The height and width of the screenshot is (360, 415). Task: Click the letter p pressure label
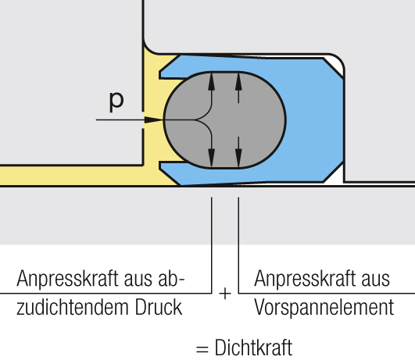coord(116,102)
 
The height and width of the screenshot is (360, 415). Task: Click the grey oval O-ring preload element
coord(225,119)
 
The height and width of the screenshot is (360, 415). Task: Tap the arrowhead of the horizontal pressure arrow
coord(153,119)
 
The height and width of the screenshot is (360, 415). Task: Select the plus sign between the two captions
coord(225,294)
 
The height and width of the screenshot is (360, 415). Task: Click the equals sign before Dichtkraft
coord(202,349)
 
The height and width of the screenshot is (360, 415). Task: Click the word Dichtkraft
coord(253,348)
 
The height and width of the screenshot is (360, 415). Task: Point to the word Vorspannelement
coord(324,308)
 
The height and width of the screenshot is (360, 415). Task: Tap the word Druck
coord(159,307)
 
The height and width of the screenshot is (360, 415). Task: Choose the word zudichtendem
coord(73,307)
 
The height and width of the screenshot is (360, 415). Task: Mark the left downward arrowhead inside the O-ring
coord(211,158)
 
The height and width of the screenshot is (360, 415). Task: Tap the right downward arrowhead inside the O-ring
coord(238,158)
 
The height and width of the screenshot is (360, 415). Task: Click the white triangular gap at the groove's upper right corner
coord(335,65)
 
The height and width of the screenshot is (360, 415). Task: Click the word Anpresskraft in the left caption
coord(67,278)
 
